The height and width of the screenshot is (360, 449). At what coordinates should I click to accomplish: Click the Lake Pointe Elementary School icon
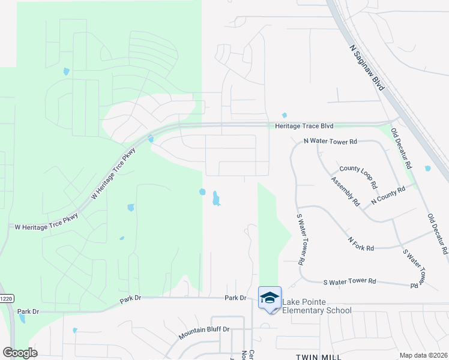coord(270,298)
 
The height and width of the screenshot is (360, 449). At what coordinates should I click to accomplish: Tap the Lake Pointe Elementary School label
coord(316,306)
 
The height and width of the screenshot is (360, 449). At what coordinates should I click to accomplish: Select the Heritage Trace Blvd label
coord(304,126)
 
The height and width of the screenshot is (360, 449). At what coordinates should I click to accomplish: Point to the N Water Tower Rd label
coord(330,142)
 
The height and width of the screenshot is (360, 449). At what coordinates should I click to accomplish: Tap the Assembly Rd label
coord(345,191)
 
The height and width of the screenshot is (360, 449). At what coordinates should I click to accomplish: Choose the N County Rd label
coord(388,195)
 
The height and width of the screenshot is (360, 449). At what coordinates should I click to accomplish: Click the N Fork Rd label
coord(361,243)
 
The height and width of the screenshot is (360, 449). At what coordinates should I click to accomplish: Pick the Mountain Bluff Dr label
coord(205,329)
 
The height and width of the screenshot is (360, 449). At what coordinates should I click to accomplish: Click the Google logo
coord(20,352)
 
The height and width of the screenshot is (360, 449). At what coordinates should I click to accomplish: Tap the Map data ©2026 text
coord(423,355)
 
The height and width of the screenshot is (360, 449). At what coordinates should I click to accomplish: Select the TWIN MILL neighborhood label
coord(318,357)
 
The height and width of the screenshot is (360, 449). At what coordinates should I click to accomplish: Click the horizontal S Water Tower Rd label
coord(349,281)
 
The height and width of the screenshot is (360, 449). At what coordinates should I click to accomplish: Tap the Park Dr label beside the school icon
coord(235,298)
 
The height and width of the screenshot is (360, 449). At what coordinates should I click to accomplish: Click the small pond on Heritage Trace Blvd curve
coord(151,140)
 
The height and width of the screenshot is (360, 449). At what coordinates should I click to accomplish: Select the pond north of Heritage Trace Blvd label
coord(285,116)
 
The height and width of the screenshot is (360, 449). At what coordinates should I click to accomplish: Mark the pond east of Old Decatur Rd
coord(427,169)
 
